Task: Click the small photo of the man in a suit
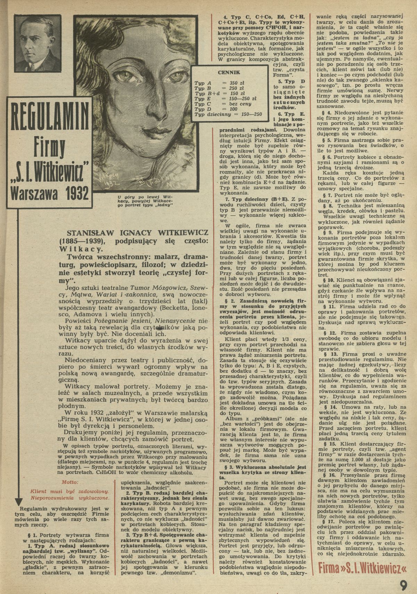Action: (38, 43)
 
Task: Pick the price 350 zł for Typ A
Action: (232, 83)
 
